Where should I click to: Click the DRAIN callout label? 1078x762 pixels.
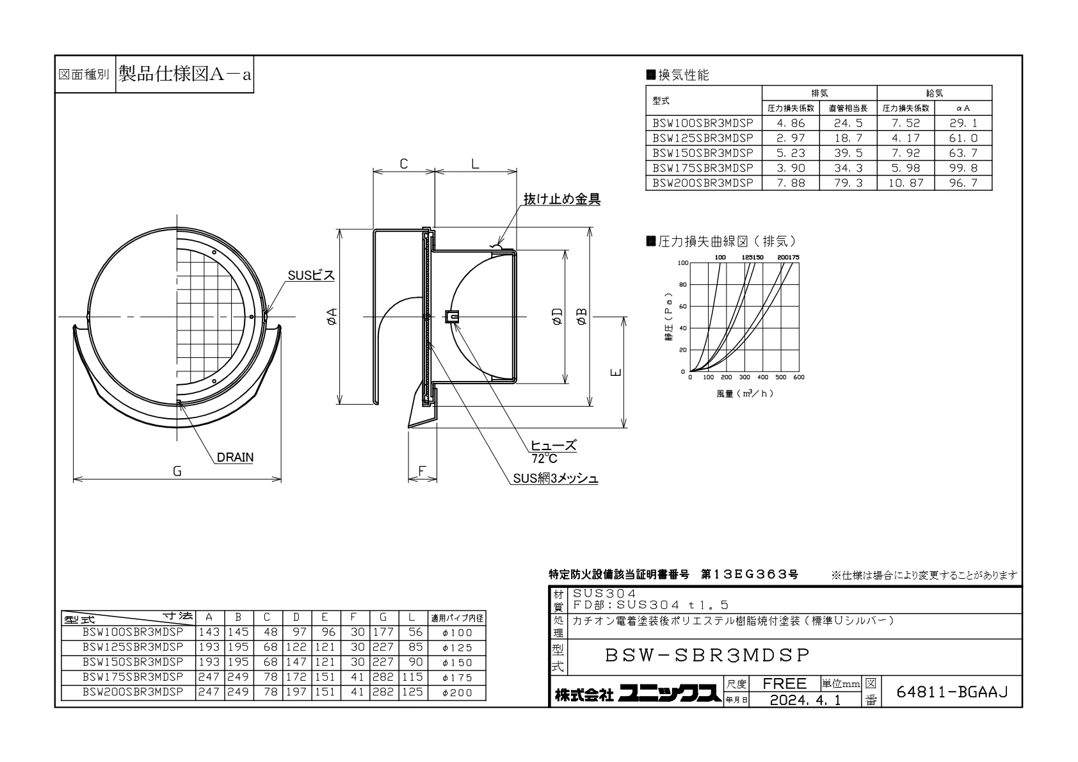click(x=235, y=457)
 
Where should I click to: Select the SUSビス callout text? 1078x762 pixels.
click(x=311, y=275)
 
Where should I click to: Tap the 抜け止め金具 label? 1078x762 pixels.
click(x=561, y=199)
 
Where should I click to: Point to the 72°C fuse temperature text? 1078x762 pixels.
click(x=544, y=458)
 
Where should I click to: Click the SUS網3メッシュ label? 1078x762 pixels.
click(x=556, y=478)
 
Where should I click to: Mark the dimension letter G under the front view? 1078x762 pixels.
click(x=177, y=471)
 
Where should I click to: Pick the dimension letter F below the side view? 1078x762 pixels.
click(x=422, y=471)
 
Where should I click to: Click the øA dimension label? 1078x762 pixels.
click(x=332, y=316)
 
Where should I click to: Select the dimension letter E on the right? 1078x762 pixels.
click(x=616, y=372)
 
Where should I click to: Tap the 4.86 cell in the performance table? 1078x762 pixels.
click(x=790, y=123)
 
